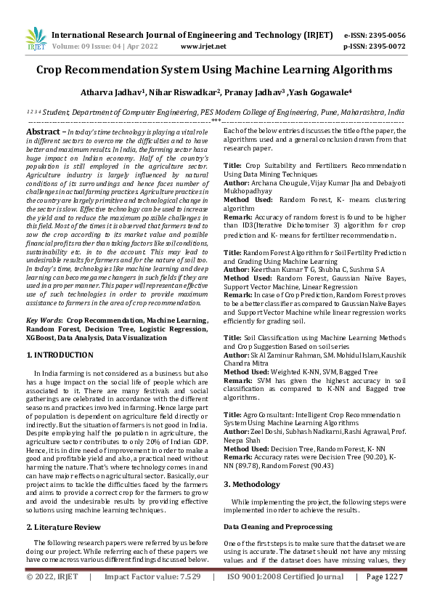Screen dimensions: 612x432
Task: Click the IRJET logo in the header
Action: point(36,39)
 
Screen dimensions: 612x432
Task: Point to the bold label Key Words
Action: point(43,320)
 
